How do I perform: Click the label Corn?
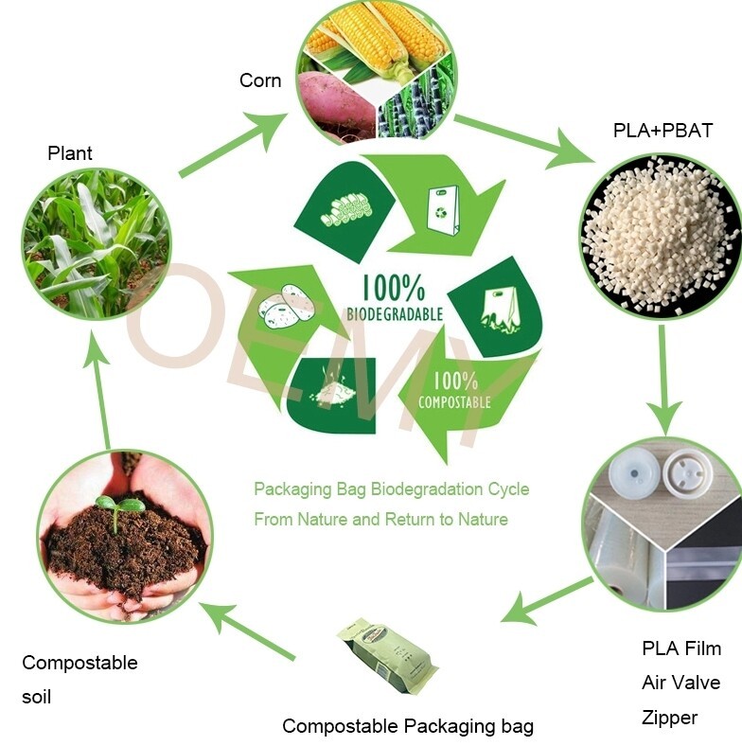tap(259, 80)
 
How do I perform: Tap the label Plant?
tap(70, 152)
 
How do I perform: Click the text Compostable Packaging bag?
tap(408, 726)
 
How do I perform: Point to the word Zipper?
tap(669, 718)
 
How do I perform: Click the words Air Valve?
tap(680, 683)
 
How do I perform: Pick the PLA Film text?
tap(681, 648)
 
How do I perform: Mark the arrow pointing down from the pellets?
tap(663, 379)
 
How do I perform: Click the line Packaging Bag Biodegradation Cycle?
tap(391, 489)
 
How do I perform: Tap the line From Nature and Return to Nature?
tap(380, 519)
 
